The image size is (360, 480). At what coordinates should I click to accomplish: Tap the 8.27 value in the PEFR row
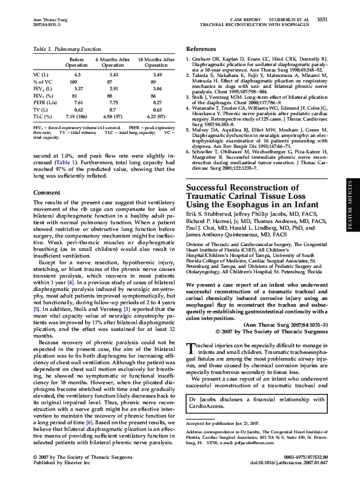(x=158, y=104)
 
